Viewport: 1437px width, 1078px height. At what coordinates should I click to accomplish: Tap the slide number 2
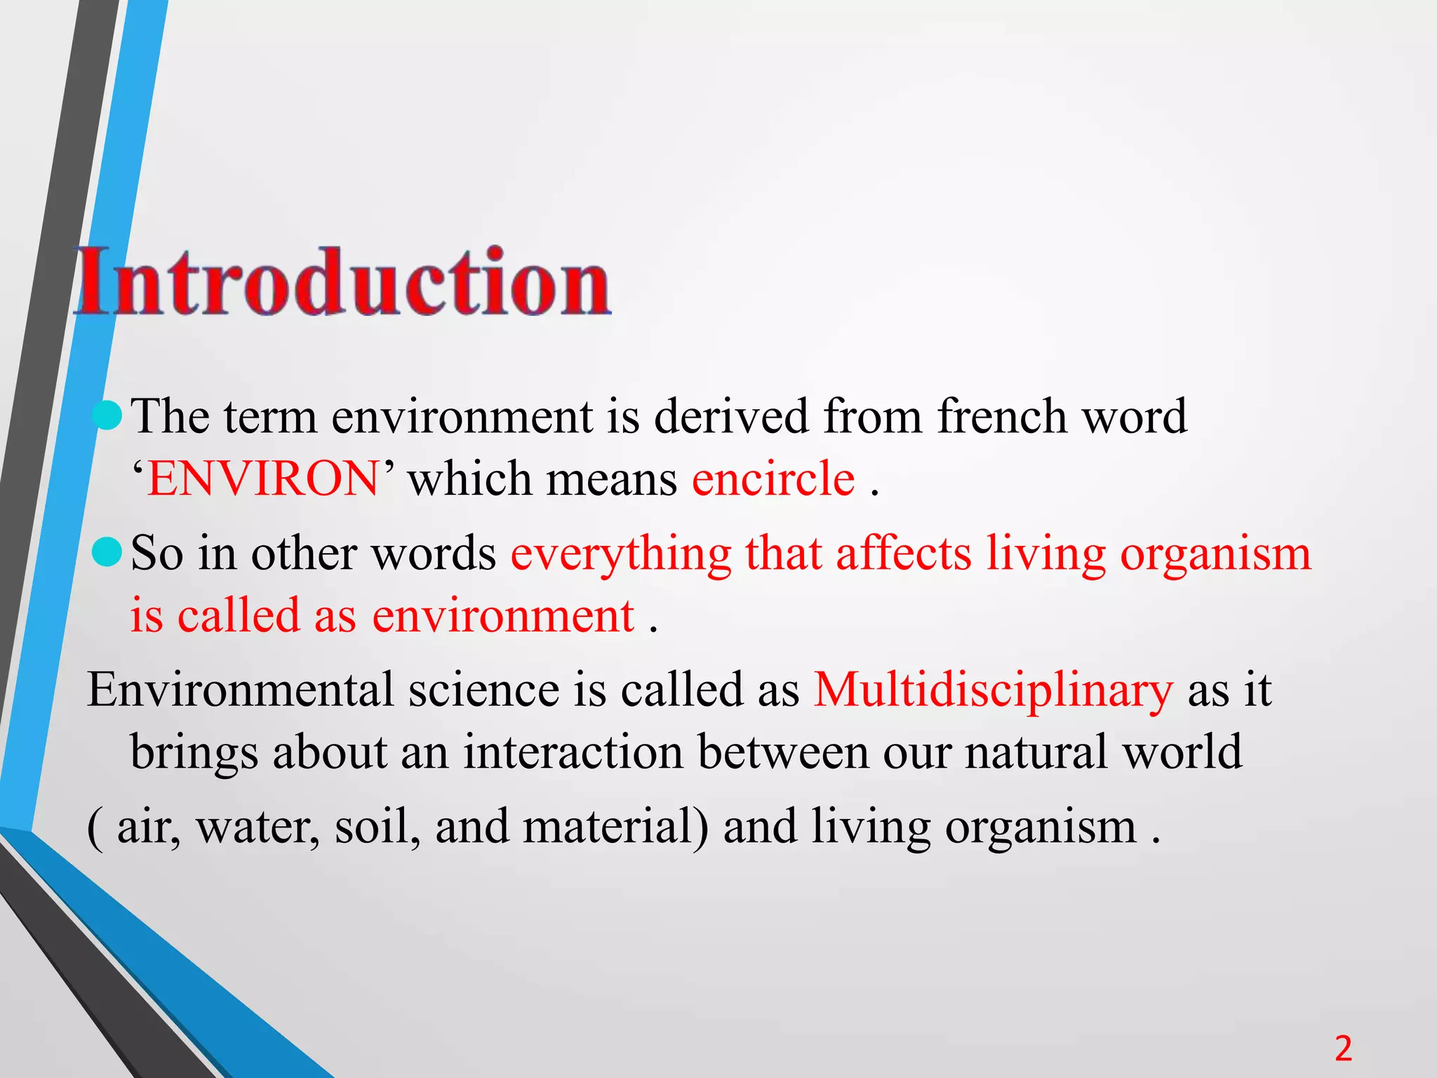click(1343, 1049)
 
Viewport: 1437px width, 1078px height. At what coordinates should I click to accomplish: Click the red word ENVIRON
click(263, 479)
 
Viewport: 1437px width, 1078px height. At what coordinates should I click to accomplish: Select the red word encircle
click(773, 479)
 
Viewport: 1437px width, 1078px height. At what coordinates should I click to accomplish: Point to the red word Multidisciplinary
click(993, 689)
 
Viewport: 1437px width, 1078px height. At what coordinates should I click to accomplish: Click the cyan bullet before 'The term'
click(107, 415)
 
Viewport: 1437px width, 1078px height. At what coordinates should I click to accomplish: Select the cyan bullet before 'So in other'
click(107, 552)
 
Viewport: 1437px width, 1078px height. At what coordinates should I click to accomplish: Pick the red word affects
click(904, 553)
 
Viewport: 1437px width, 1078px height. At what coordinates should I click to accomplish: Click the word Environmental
click(240, 689)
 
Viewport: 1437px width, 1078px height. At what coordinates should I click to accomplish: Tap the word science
click(483, 689)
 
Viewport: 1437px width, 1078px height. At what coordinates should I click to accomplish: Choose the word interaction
click(573, 752)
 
